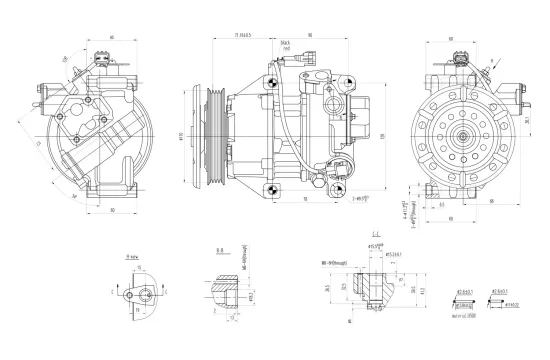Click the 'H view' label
tap(132, 256)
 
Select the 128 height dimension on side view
tap(382, 135)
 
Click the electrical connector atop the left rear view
tap(99, 62)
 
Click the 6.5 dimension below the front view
tap(441, 207)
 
